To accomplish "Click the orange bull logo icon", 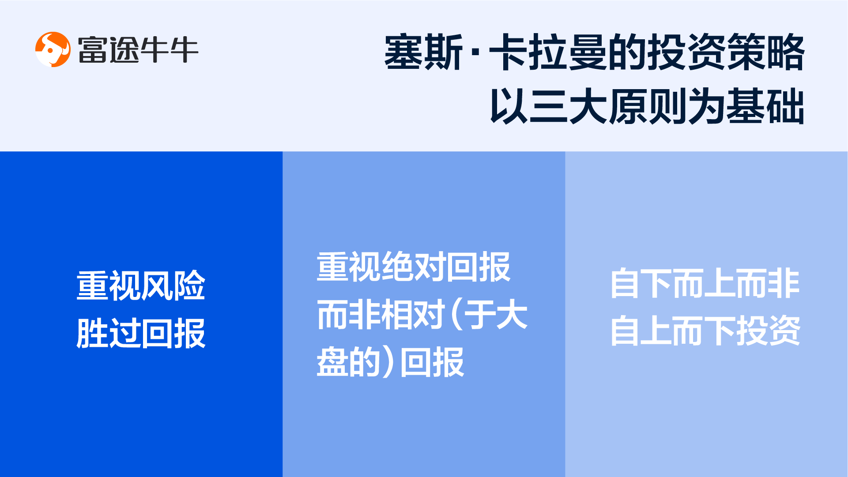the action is [x=53, y=49].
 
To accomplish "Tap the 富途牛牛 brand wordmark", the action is [x=138, y=49].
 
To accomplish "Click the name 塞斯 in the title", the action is [x=423, y=52].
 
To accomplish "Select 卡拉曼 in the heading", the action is [x=547, y=52].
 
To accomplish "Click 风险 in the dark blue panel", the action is [x=173, y=286].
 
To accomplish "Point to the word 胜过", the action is [x=109, y=333].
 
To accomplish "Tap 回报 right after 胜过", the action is [x=173, y=333].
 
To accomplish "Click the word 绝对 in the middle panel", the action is [x=414, y=267].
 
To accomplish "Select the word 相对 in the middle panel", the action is [x=414, y=314].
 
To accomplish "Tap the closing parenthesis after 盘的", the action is [x=388, y=362].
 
